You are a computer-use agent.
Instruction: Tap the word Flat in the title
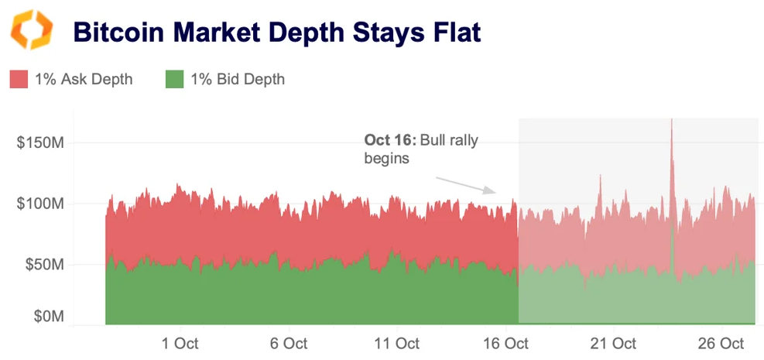click(454, 33)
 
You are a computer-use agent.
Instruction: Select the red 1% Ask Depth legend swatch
click(19, 79)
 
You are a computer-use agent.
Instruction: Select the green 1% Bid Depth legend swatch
click(175, 79)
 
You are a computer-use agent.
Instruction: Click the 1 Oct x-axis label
click(180, 343)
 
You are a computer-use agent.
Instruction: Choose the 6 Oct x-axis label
click(289, 343)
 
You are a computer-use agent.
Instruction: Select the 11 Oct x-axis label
click(397, 343)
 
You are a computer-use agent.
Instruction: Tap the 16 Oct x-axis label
click(505, 343)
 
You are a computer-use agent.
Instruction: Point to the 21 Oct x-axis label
click(614, 343)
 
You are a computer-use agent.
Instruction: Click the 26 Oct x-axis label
click(721, 343)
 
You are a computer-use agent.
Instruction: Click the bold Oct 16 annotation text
click(390, 141)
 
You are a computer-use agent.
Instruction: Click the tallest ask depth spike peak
click(671, 121)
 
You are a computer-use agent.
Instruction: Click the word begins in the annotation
click(386, 158)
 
